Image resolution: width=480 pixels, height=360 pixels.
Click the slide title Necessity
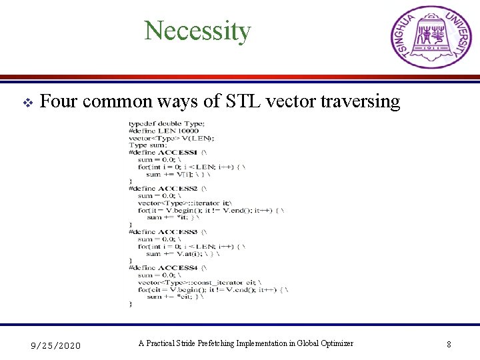tap(197, 31)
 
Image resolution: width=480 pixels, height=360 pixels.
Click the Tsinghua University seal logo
tap(431, 37)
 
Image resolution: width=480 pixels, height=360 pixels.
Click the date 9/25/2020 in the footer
tap(57, 345)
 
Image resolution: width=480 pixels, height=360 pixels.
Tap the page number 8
tap(449, 345)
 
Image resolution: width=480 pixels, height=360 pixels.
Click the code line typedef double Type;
tap(167, 124)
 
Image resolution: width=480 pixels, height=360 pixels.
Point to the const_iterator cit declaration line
tap(200, 282)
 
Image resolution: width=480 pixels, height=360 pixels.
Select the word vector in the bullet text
tap(292, 101)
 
